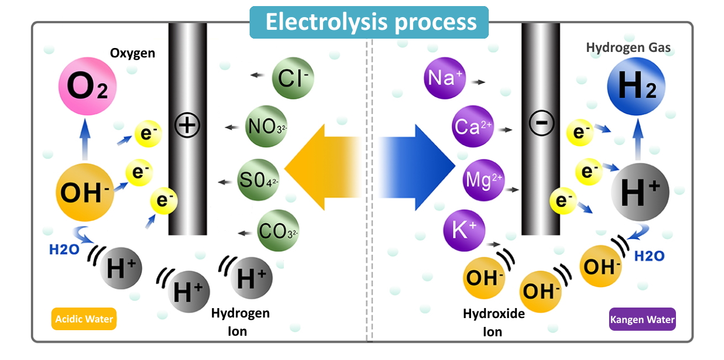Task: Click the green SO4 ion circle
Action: point(258,179)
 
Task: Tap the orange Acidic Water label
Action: point(84,319)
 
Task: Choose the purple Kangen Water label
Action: point(642,319)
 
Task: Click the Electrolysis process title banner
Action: point(369,22)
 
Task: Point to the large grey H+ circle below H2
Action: point(640,192)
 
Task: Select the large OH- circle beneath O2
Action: point(84,192)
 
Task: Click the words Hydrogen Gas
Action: point(628,48)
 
